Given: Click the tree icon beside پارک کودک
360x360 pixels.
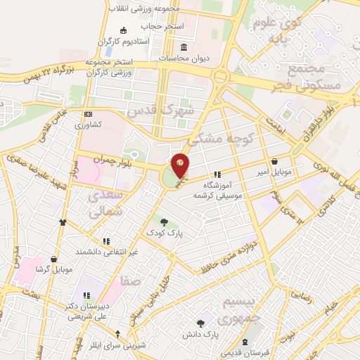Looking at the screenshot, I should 164,221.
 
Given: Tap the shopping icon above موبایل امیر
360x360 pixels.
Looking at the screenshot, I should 274,161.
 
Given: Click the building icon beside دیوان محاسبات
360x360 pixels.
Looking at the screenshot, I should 184,48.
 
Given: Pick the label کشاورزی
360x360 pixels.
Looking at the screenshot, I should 89,124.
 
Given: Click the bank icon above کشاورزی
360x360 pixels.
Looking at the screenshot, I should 88,114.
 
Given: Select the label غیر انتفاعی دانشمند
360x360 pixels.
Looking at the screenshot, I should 108,250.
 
